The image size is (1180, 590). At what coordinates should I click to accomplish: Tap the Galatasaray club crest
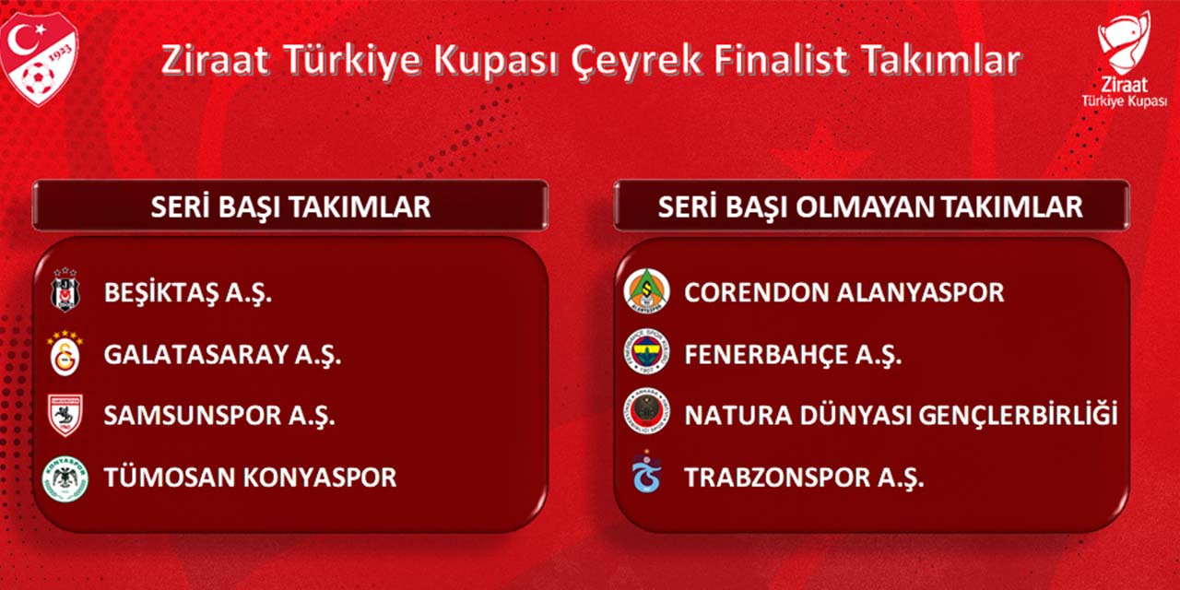pyautogui.click(x=65, y=354)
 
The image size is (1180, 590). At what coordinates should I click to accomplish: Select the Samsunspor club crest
pyautogui.click(x=65, y=415)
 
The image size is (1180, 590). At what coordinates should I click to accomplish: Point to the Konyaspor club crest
pyautogui.click(x=65, y=478)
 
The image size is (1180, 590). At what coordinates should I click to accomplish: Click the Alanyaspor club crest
pyautogui.click(x=644, y=291)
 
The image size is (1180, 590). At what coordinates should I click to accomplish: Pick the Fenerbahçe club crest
pyautogui.click(x=645, y=353)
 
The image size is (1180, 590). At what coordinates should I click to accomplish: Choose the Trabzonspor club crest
pyautogui.click(x=644, y=475)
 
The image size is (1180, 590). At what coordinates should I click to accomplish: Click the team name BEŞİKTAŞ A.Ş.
pyautogui.click(x=188, y=294)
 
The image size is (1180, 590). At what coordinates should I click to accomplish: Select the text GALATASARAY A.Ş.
pyautogui.click(x=222, y=355)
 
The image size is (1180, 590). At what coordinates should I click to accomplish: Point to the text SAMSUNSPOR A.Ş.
pyautogui.click(x=219, y=416)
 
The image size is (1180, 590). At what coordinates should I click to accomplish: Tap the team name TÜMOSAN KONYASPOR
pyautogui.click(x=250, y=478)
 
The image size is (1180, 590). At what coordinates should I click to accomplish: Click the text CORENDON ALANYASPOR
pyautogui.click(x=844, y=293)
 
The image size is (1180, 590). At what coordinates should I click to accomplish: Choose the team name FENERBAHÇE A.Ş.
pyautogui.click(x=793, y=355)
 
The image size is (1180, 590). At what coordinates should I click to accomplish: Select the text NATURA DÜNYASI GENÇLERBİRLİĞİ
pyautogui.click(x=901, y=416)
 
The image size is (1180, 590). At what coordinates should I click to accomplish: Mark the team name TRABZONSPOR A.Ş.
pyautogui.click(x=804, y=478)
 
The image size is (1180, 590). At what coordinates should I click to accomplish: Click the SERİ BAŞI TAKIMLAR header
pyautogui.click(x=290, y=206)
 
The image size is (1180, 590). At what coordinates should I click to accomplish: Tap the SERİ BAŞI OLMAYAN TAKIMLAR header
pyautogui.click(x=870, y=206)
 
